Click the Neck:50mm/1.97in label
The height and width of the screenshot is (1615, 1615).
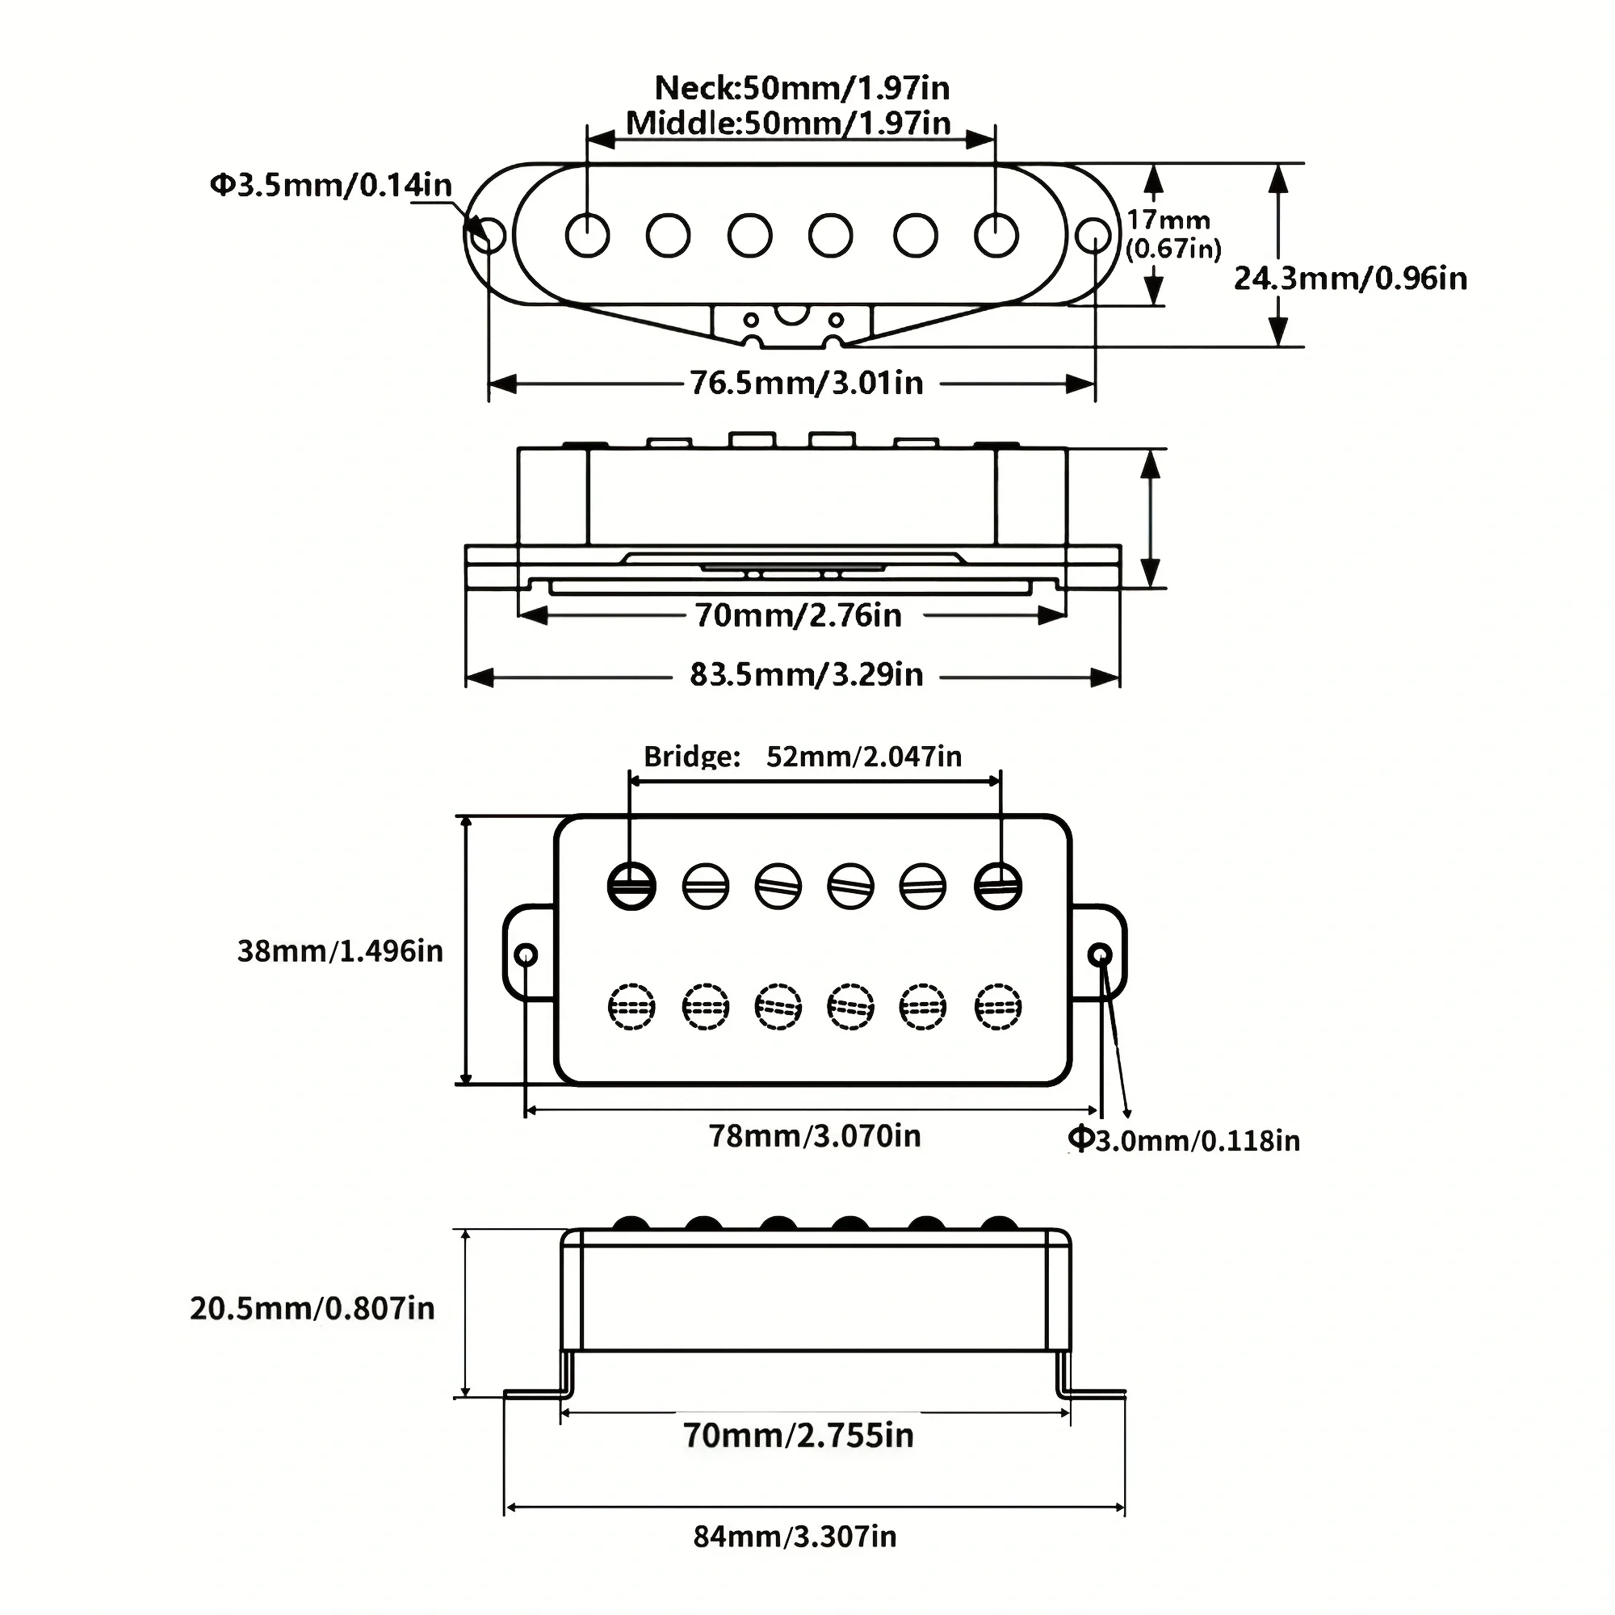coord(801,88)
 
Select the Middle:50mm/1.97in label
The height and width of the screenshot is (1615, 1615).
coord(787,124)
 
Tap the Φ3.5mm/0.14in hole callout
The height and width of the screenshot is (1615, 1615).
coord(330,185)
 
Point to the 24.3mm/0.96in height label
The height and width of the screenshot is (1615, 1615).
coord(1350,279)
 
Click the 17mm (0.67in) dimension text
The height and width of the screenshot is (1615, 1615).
coord(1172,234)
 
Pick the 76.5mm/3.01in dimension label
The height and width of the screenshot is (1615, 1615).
coord(807,383)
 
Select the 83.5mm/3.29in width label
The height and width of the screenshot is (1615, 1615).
coord(807,673)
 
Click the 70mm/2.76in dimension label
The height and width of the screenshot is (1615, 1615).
coord(799,615)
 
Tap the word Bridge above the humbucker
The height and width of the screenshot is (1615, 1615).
coord(691,757)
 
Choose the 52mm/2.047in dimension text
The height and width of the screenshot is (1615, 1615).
coord(863,757)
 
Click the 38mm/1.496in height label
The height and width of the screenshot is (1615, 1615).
coord(340,950)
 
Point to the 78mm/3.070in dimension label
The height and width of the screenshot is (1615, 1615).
coord(814,1135)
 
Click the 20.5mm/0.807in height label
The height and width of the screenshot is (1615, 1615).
coord(312,1308)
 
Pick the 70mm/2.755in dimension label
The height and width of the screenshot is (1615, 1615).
coord(799,1434)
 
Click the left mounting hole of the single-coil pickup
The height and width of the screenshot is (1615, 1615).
coord(489,236)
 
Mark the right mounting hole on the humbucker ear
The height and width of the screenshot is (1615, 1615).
coord(1101,954)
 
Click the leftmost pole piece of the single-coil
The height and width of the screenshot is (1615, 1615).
coord(587,235)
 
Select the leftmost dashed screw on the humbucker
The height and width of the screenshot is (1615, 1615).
coord(631,1006)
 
